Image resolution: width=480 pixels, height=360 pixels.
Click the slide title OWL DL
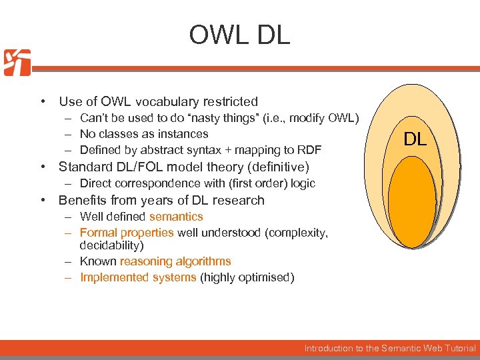[x=239, y=35]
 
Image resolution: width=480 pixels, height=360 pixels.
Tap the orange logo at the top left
[x=17, y=63]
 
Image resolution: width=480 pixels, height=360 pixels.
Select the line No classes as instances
[x=143, y=134]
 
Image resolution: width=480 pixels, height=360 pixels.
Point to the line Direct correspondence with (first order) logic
[x=197, y=183]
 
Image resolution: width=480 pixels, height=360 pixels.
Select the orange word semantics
[x=176, y=217]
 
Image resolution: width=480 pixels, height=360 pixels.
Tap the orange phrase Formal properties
[x=127, y=233]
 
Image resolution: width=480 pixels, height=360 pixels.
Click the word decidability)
[x=111, y=245]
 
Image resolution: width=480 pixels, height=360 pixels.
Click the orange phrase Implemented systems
[x=138, y=277]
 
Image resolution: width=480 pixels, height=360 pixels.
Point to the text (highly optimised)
[x=247, y=277]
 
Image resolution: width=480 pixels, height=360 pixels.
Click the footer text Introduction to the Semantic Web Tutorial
[x=390, y=348]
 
